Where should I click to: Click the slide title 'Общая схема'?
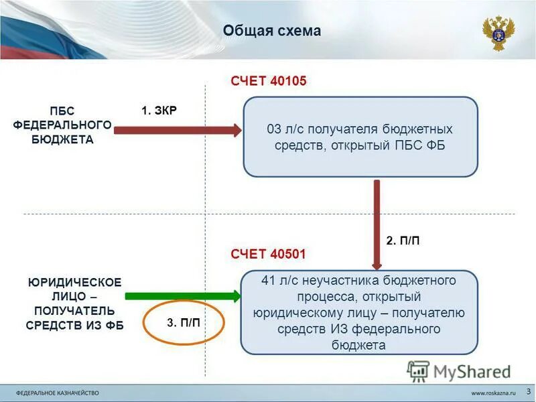pos(271,31)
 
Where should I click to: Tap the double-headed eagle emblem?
pos(498,33)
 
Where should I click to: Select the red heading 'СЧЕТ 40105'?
pos(268,82)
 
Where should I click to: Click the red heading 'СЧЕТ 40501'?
pos(268,254)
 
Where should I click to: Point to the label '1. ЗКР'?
pos(159,111)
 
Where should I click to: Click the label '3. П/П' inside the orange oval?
pos(183,323)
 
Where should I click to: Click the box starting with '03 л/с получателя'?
pos(360,137)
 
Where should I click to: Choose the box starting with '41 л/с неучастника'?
pos(358,312)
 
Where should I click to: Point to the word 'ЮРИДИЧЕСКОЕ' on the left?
pos(74,282)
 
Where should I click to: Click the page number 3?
pos(528,390)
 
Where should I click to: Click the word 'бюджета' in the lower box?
pos(358,345)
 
